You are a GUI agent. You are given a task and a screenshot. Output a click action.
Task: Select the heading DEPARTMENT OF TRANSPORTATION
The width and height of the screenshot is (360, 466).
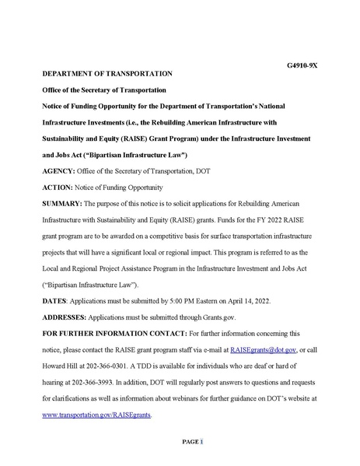pos(107,73)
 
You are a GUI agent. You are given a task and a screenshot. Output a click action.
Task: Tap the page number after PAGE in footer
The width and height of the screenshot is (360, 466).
pos(201,442)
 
